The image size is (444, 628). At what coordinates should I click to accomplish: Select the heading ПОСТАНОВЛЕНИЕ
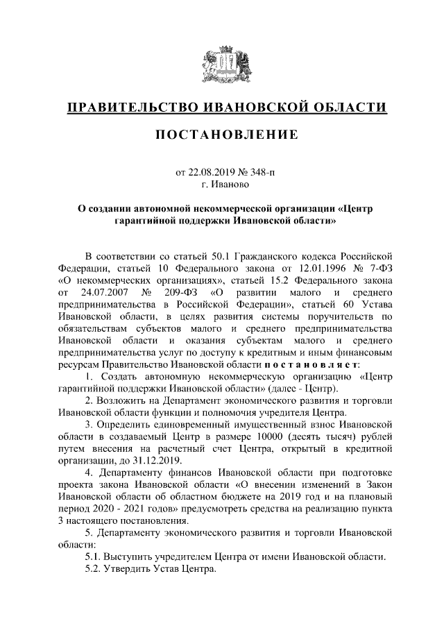(x=222, y=133)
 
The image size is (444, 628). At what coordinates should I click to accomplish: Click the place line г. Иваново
(x=222, y=185)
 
